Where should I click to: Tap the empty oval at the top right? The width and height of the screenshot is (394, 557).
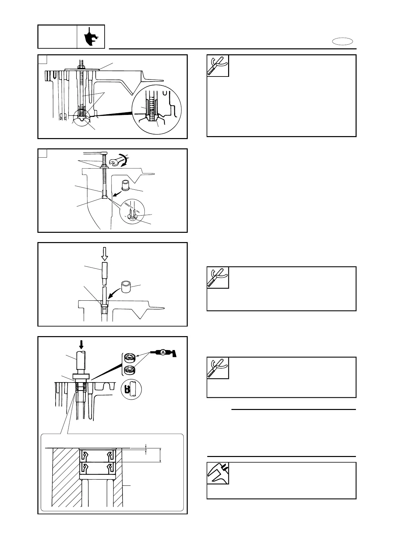(343, 42)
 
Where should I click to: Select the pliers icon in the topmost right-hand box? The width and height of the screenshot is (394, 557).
(218, 66)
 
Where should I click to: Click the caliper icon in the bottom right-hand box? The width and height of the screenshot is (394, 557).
(218, 473)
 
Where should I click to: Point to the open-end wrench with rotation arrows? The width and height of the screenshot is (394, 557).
(121, 161)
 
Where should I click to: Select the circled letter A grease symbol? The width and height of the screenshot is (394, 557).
(163, 353)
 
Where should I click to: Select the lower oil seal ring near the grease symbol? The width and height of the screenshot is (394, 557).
(129, 370)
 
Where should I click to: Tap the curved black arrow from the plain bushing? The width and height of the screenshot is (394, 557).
(113, 294)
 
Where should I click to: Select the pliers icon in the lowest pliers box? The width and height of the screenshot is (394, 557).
(218, 368)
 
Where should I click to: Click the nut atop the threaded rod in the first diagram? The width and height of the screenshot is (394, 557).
(81, 67)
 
